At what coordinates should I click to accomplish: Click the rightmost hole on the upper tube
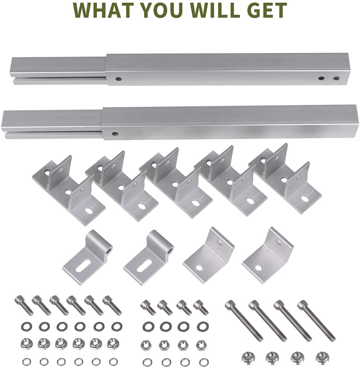coord(336,78)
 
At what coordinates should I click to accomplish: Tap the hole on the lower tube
coord(115,134)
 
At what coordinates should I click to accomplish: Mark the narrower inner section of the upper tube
coord(58,69)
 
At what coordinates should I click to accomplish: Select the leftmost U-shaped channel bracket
coord(69,189)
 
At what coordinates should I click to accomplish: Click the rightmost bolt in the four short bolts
coord(202,307)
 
